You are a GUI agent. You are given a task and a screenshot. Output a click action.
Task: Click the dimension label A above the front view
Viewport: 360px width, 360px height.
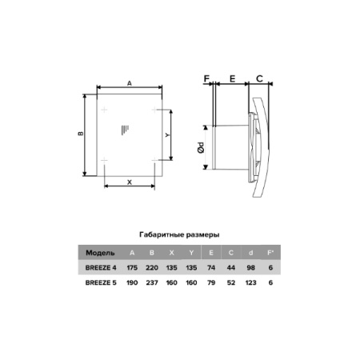(130, 83)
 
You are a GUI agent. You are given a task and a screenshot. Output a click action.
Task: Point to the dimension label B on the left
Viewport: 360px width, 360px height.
(81, 134)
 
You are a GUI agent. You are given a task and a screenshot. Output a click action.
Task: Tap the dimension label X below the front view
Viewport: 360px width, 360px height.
(130, 182)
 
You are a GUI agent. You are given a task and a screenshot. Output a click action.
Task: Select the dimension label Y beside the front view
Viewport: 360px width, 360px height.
(167, 135)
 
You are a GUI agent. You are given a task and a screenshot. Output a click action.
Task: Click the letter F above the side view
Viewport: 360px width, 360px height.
(206, 78)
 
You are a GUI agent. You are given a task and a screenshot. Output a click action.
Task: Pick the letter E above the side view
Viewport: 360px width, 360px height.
(233, 78)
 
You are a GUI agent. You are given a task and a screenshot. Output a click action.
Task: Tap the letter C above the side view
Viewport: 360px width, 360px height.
(259, 78)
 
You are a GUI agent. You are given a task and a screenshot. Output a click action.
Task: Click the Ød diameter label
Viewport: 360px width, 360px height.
(201, 147)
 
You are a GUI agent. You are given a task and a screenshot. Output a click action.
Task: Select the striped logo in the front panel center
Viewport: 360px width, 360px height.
(125, 130)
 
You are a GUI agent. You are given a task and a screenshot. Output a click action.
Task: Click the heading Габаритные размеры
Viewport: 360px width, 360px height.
(179, 234)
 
